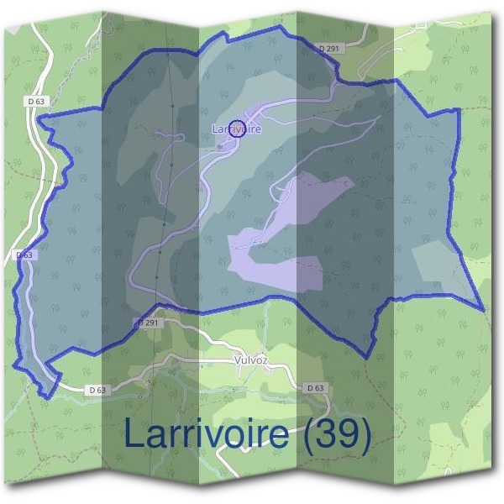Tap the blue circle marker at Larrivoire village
237,129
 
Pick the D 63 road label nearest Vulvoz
315,387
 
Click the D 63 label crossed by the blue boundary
24,255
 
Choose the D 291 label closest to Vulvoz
148,323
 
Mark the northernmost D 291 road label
329,50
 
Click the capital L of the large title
134,433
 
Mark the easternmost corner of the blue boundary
485,310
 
